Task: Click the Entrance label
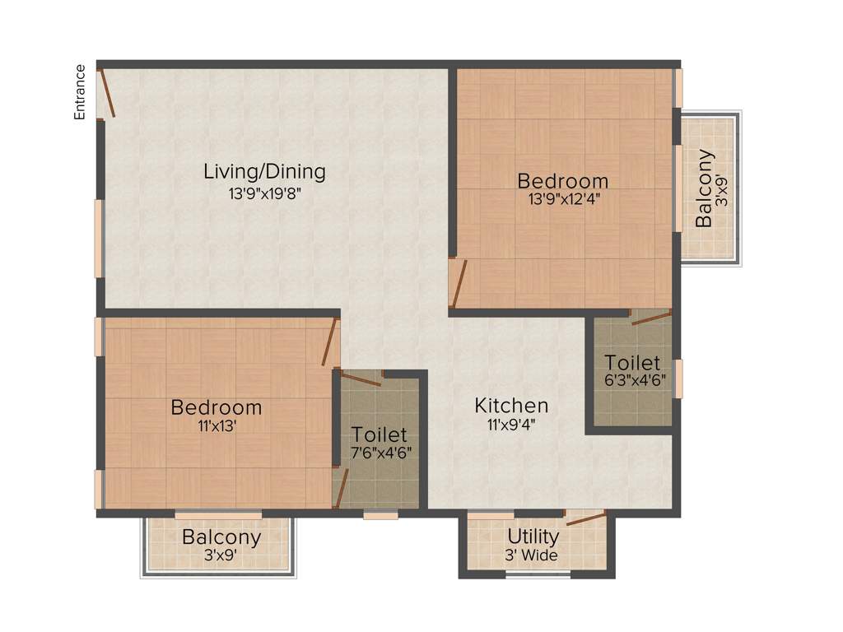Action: click(x=80, y=92)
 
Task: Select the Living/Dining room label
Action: click(x=264, y=171)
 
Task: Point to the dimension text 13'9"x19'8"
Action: click(x=264, y=195)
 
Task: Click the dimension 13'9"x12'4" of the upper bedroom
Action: click(x=563, y=197)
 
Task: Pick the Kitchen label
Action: click(x=511, y=406)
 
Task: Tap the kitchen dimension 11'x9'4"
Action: click(x=511, y=425)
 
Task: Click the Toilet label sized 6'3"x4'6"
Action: click(x=632, y=363)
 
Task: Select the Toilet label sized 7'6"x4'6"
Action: click(x=379, y=434)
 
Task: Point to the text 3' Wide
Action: click(x=533, y=556)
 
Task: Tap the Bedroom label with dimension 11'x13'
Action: click(x=217, y=407)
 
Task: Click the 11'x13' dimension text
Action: click(x=216, y=426)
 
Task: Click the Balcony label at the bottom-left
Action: click(x=221, y=538)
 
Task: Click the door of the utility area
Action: click(x=585, y=518)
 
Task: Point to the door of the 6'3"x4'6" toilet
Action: click(x=650, y=318)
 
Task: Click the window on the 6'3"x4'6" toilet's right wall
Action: click(x=678, y=379)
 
